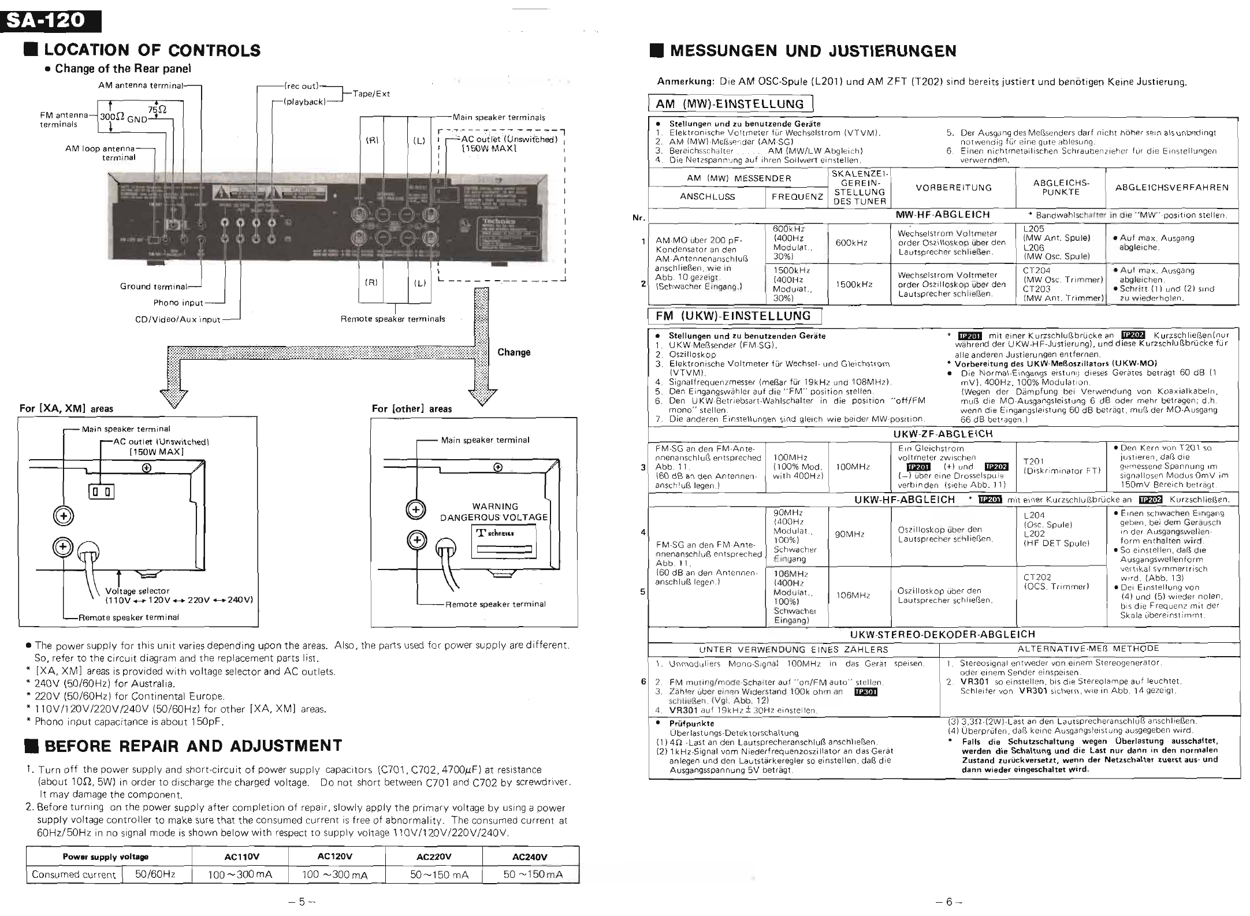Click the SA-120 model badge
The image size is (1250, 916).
(x=51, y=21)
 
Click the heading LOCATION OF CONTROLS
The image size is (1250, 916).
(x=152, y=51)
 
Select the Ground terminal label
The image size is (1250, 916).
(x=154, y=286)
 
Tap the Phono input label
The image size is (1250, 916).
(x=178, y=303)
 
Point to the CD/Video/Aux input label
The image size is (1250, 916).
(x=177, y=319)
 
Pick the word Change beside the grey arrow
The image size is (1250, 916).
(x=514, y=352)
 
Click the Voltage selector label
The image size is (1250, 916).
(x=137, y=591)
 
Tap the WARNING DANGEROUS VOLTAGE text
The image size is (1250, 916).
(x=494, y=512)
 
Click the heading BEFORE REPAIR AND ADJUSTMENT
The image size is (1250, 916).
(x=193, y=746)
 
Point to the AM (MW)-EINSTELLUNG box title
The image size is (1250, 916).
(x=730, y=104)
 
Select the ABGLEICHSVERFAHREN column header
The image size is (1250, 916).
(x=1171, y=187)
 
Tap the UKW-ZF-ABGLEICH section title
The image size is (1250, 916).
(x=943, y=434)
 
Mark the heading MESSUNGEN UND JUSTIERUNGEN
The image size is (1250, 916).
(x=813, y=51)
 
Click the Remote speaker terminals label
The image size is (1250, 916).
(x=393, y=319)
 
